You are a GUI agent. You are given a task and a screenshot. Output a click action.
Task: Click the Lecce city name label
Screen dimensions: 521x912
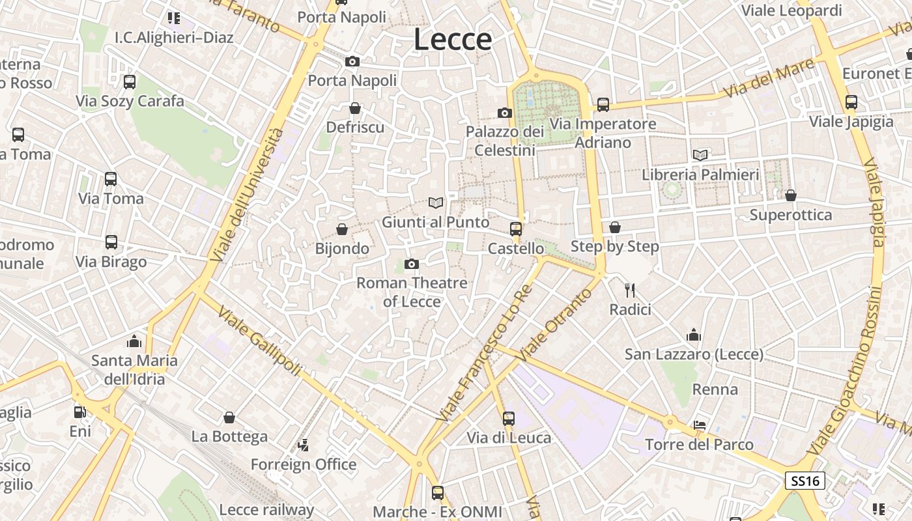pyautogui.click(x=453, y=40)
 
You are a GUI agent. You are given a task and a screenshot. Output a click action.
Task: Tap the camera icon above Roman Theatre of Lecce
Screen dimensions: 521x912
pyautogui.click(x=411, y=264)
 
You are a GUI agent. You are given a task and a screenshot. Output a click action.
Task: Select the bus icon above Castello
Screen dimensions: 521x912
pyautogui.click(x=516, y=229)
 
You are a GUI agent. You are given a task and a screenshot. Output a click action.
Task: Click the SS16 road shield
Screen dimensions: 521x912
pyautogui.click(x=805, y=481)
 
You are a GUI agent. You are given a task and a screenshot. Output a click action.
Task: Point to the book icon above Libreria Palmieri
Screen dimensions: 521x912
pyautogui.click(x=700, y=155)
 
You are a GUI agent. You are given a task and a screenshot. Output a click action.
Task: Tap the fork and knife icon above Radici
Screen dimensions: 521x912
pyautogui.click(x=629, y=290)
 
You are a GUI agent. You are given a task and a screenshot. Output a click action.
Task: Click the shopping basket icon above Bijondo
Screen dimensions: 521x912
pyautogui.click(x=342, y=229)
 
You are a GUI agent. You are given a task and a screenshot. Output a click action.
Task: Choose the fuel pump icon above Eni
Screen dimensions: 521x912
pyautogui.click(x=79, y=412)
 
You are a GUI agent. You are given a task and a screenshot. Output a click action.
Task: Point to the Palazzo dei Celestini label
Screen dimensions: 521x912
pyautogui.click(x=505, y=141)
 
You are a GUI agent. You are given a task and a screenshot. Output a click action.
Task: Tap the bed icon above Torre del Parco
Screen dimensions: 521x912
pyautogui.click(x=700, y=425)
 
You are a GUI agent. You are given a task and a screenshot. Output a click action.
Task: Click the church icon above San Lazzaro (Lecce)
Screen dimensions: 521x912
pyautogui.click(x=694, y=335)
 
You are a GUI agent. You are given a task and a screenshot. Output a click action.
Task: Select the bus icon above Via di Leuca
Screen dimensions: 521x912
pyautogui.click(x=509, y=418)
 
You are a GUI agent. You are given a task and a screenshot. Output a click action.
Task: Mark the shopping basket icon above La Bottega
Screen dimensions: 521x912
pyautogui.click(x=229, y=417)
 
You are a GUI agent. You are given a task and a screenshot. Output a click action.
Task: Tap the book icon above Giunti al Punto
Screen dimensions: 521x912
pyautogui.click(x=435, y=203)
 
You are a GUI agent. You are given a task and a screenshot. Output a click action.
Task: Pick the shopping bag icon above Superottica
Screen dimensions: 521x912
pyautogui.click(x=791, y=195)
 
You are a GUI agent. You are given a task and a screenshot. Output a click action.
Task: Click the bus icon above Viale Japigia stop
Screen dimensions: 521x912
pyautogui.click(x=851, y=102)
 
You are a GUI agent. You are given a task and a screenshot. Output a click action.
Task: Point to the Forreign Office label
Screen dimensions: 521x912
pyautogui.click(x=304, y=464)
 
